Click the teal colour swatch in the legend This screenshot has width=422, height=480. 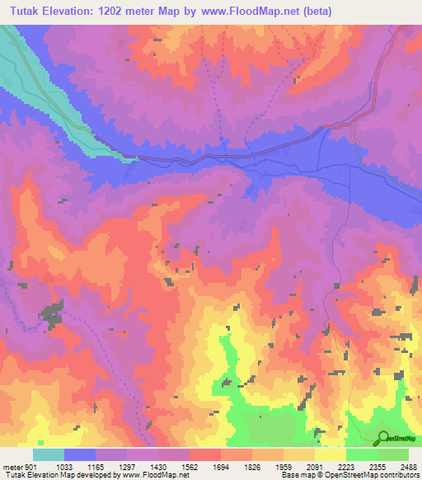(x=49, y=454)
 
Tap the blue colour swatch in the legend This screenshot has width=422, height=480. (x=80, y=454)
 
